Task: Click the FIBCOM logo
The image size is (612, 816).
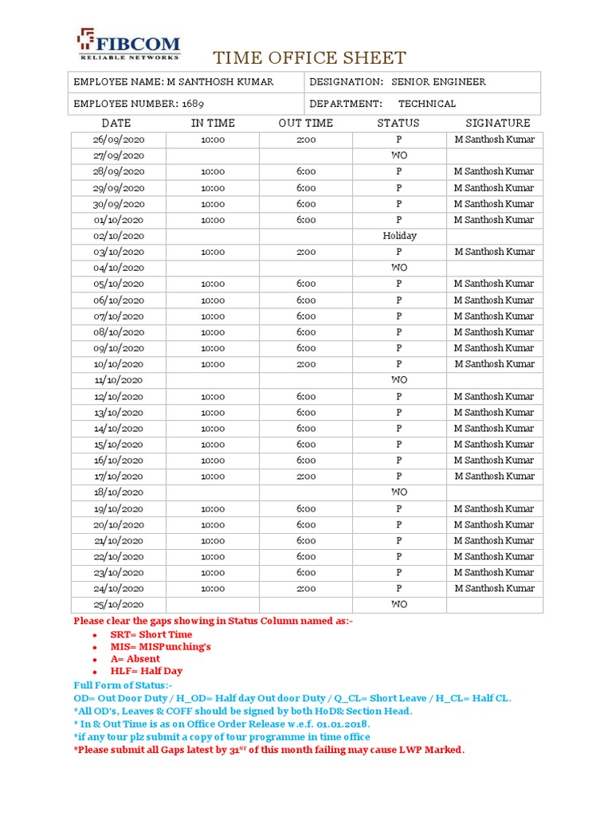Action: tap(127, 45)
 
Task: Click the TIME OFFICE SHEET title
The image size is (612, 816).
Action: tap(308, 58)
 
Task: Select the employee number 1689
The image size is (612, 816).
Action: tap(194, 104)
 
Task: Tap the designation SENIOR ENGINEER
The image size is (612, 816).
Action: tap(438, 82)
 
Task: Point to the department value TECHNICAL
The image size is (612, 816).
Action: tap(427, 104)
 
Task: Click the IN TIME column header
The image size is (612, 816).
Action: tap(213, 123)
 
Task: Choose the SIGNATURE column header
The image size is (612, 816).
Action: tap(497, 123)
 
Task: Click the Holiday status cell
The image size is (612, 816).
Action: tap(399, 236)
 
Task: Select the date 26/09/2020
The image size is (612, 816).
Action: tap(118, 139)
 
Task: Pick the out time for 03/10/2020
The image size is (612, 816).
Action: tap(306, 252)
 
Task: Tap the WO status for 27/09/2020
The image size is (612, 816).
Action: tap(399, 155)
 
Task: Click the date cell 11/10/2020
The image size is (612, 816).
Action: tap(118, 380)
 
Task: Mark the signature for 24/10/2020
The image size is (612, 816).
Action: tap(494, 588)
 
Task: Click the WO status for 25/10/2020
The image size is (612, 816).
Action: tap(399, 604)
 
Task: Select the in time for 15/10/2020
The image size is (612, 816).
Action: tap(213, 444)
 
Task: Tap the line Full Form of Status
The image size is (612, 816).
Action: tap(123, 685)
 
